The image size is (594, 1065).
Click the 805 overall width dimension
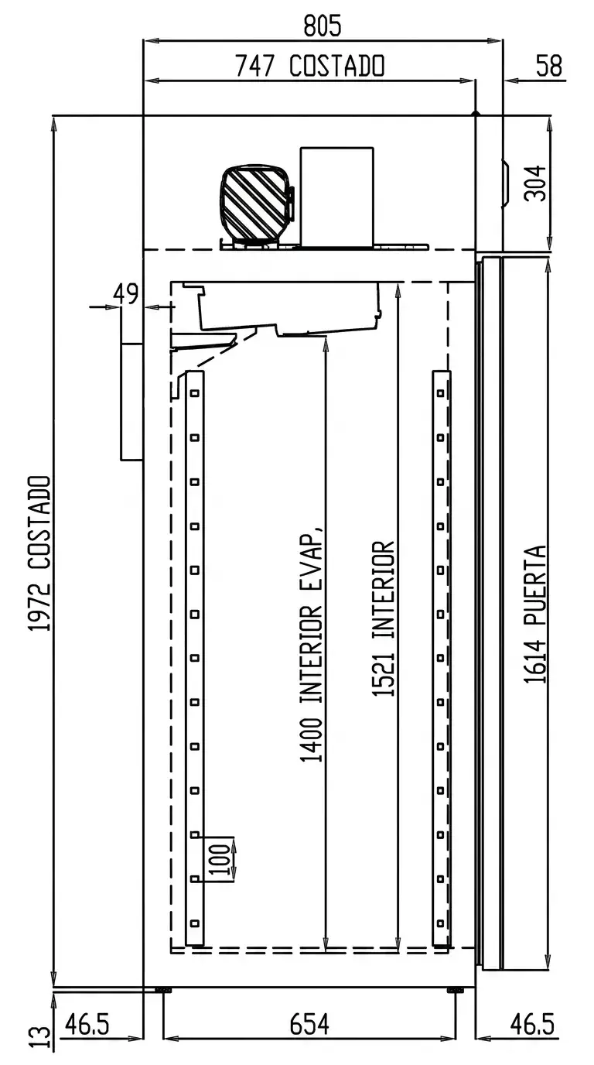pyautogui.click(x=323, y=26)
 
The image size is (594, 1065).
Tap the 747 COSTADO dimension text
pyautogui.click(x=310, y=66)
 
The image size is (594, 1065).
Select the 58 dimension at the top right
pyautogui.click(x=549, y=66)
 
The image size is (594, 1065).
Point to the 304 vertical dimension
pyautogui.click(x=535, y=183)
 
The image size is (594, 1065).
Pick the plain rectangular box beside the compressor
pyautogui.click(x=336, y=197)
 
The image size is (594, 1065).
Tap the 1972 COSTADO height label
pyautogui.click(x=39, y=554)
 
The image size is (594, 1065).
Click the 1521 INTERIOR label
pyautogui.click(x=383, y=618)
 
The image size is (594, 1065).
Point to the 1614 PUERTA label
pyautogui.click(x=535, y=615)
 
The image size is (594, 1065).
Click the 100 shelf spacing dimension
pyautogui.click(x=220, y=860)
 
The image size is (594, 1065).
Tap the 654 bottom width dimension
pyautogui.click(x=309, y=1025)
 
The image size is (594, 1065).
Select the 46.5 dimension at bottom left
pyautogui.click(x=87, y=1025)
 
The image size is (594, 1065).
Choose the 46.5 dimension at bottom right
pyautogui.click(x=532, y=1025)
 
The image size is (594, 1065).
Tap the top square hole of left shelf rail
pyautogui.click(x=195, y=393)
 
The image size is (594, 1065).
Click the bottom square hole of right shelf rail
pyautogui.click(x=441, y=924)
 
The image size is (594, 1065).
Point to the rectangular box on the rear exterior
pyautogui.click(x=131, y=402)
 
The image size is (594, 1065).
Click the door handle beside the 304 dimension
pyautogui.click(x=506, y=183)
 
